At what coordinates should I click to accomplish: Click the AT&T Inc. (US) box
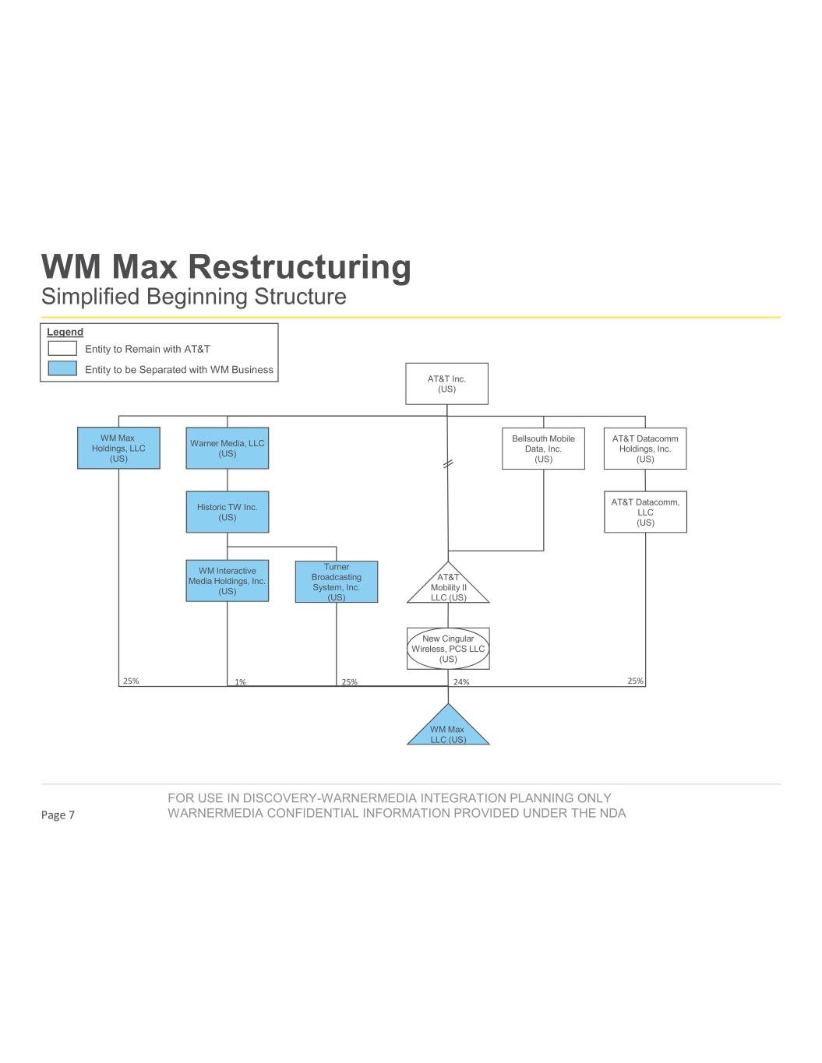tap(446, 383)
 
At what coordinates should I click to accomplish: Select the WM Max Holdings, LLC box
tap(118, 448)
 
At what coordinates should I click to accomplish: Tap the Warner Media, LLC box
tap(227, 448)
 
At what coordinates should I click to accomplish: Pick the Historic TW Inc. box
tap(227, 512)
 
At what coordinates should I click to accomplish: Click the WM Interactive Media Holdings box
tap(227, 581)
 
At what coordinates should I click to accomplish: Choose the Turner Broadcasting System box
tap(336, 582)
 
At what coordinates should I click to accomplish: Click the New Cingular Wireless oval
tap(448, 649)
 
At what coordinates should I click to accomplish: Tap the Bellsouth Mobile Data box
tap(543, 449)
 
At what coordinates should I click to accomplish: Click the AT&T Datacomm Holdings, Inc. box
tap(645, 449)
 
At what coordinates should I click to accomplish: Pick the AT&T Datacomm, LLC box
tap(645, 512)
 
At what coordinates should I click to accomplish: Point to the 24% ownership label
tap(461, 682)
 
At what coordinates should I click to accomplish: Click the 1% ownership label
tap(240, 682)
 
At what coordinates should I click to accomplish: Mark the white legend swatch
tap(62, 349)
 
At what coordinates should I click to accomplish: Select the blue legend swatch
tap(62, 369)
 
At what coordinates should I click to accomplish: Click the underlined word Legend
tap(65, 333)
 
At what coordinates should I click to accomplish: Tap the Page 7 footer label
tap(58, 815)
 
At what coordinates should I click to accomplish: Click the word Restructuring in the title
tap(300, 267)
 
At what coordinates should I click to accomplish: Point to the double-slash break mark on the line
tap(447, 464)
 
